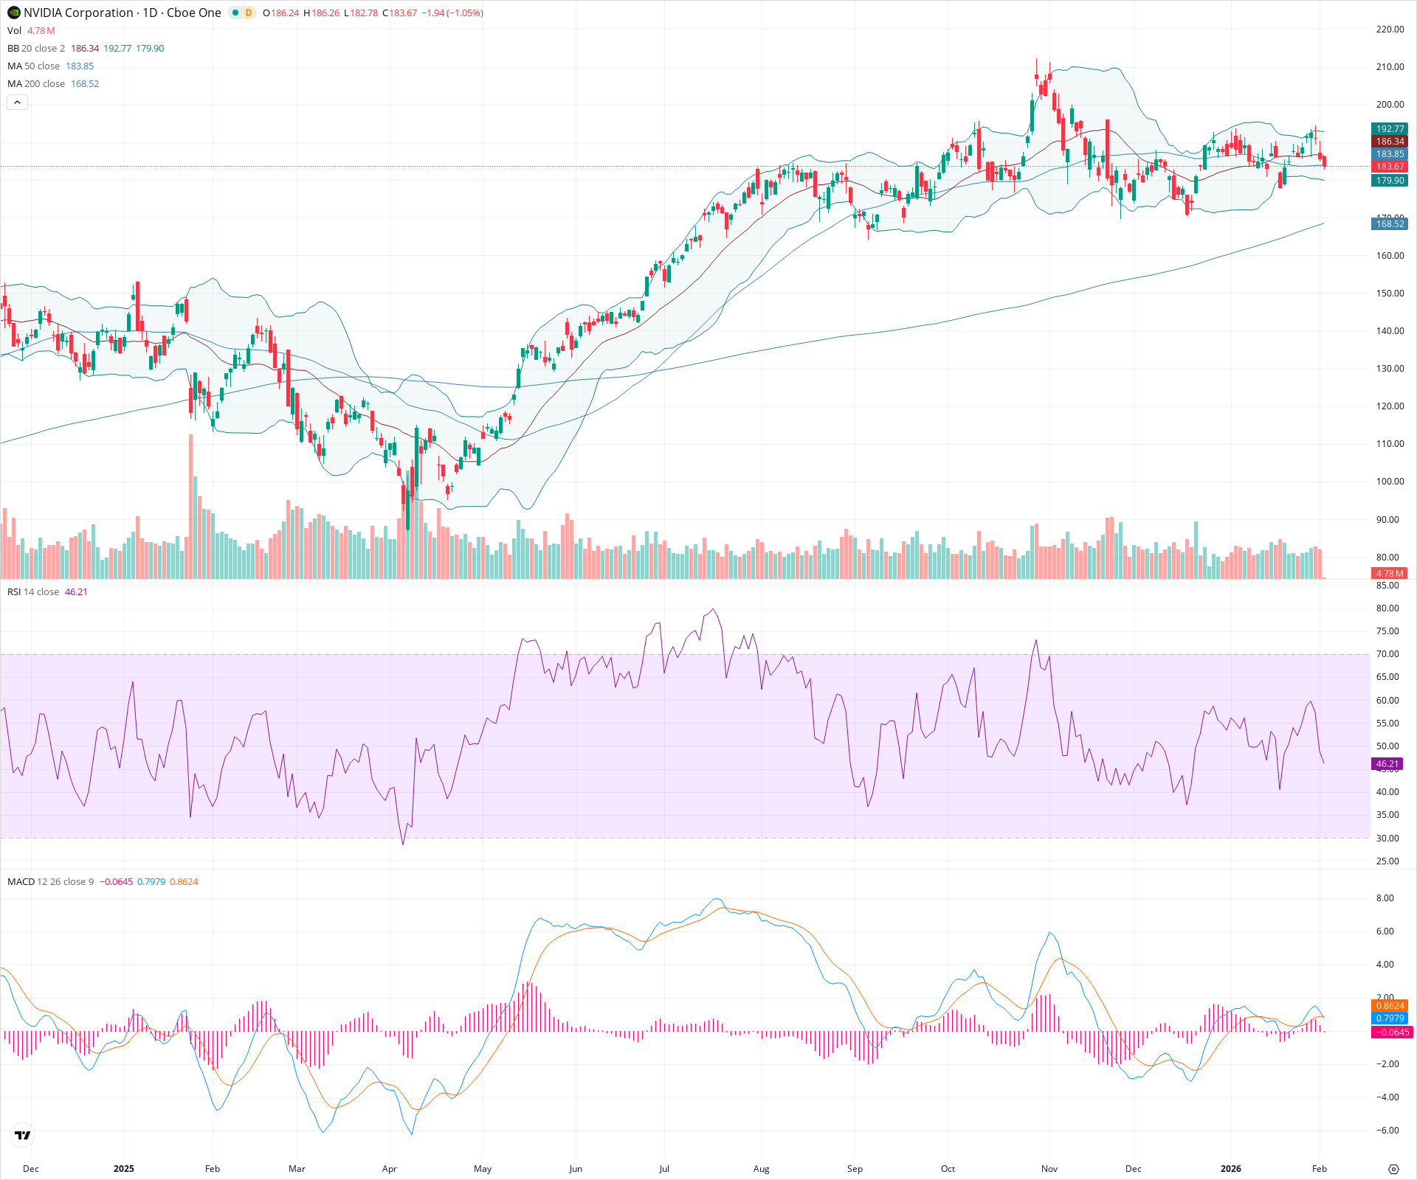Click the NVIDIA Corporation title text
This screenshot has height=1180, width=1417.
pos(78,13)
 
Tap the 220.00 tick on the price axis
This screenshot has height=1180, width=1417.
pos(1390,29)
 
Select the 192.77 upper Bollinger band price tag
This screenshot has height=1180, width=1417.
pos(1390,129)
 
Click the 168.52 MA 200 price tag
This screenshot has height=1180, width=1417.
pos(1390,224)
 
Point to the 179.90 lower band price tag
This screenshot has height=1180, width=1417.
pos(1390,181)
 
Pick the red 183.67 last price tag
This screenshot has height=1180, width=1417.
pos(1390,167)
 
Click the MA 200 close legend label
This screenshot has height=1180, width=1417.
pos(36,84)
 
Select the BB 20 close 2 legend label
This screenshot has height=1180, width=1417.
pos(36,49)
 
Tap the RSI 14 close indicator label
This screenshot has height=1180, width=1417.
pos(33,592)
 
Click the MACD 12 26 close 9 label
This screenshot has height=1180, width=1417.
pos(51,882)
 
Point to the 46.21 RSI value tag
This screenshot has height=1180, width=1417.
pos(1387,764)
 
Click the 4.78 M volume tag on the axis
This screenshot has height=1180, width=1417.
pos(1390,573)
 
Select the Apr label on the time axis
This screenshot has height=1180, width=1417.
pos(390,1169)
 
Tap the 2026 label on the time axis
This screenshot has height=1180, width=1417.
pos(1230,1169)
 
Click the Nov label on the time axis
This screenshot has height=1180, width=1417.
pos(1049,1169)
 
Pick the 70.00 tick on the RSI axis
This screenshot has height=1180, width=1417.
pos(1387,654)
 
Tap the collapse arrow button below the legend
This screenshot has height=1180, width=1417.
pos(17,103)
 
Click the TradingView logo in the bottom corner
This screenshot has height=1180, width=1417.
pos(23,1136)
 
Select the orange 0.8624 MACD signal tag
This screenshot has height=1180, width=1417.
pos(1390,1006)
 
